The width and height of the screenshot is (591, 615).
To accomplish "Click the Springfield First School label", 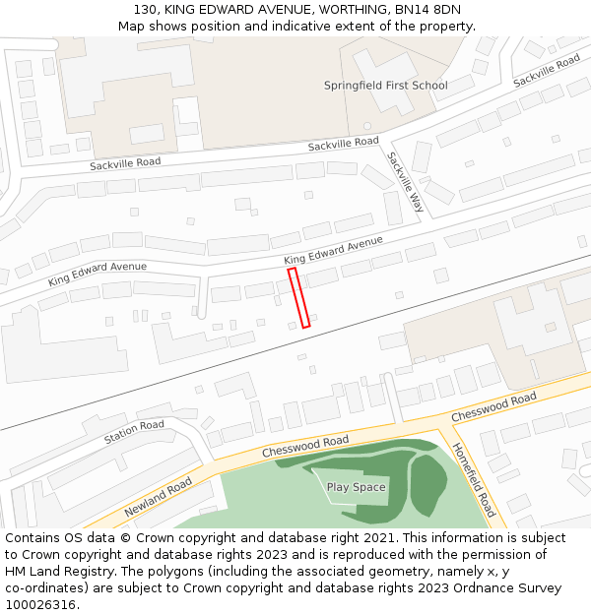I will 385,86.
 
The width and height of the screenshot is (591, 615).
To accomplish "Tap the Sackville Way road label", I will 405,182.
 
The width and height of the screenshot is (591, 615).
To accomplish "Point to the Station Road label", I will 134,430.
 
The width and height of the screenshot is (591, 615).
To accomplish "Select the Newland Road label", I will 158,498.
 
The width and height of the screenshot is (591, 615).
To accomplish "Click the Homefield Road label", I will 473,479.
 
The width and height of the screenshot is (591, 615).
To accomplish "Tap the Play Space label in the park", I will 356,487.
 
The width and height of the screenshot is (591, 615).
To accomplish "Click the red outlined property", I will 299,297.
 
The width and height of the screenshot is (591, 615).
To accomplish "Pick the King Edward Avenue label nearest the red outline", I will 333,250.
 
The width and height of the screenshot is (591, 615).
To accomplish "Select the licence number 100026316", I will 40,604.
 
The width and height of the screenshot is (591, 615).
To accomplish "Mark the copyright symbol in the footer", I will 134,538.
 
